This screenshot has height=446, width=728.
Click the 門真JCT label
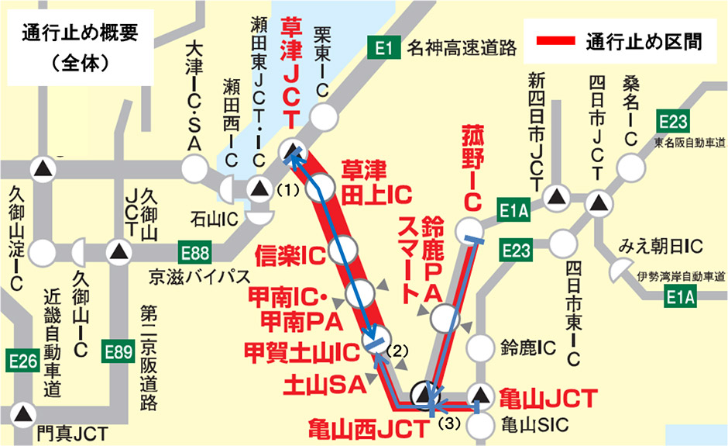click(71, 433)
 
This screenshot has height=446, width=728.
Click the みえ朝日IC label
click(660, 247)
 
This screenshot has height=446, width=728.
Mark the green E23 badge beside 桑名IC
click(672, 122)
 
